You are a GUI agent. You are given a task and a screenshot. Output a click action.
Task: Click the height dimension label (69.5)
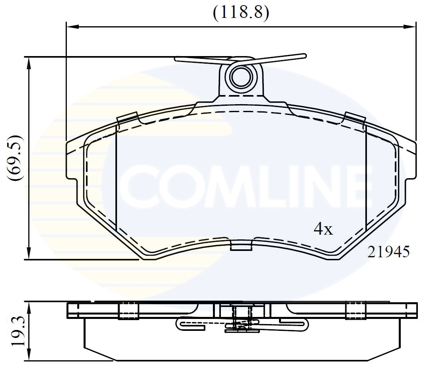(17, 158)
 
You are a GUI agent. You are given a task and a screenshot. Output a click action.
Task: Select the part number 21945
(388, 252)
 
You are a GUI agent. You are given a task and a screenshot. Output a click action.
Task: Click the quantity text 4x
(323, 229)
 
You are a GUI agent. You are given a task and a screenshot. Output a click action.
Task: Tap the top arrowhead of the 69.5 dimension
(29, 62)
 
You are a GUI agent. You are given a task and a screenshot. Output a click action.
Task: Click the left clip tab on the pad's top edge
(127, 118)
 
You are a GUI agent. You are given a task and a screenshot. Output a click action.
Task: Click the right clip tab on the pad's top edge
(355, 117)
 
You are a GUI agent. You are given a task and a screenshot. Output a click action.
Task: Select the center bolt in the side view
(240, 316)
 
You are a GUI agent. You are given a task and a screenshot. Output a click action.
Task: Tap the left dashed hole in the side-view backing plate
(129, 311)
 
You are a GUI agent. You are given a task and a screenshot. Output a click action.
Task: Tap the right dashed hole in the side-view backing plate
(355, 311)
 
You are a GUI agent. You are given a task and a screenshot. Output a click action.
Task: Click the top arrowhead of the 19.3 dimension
(29, 306)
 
